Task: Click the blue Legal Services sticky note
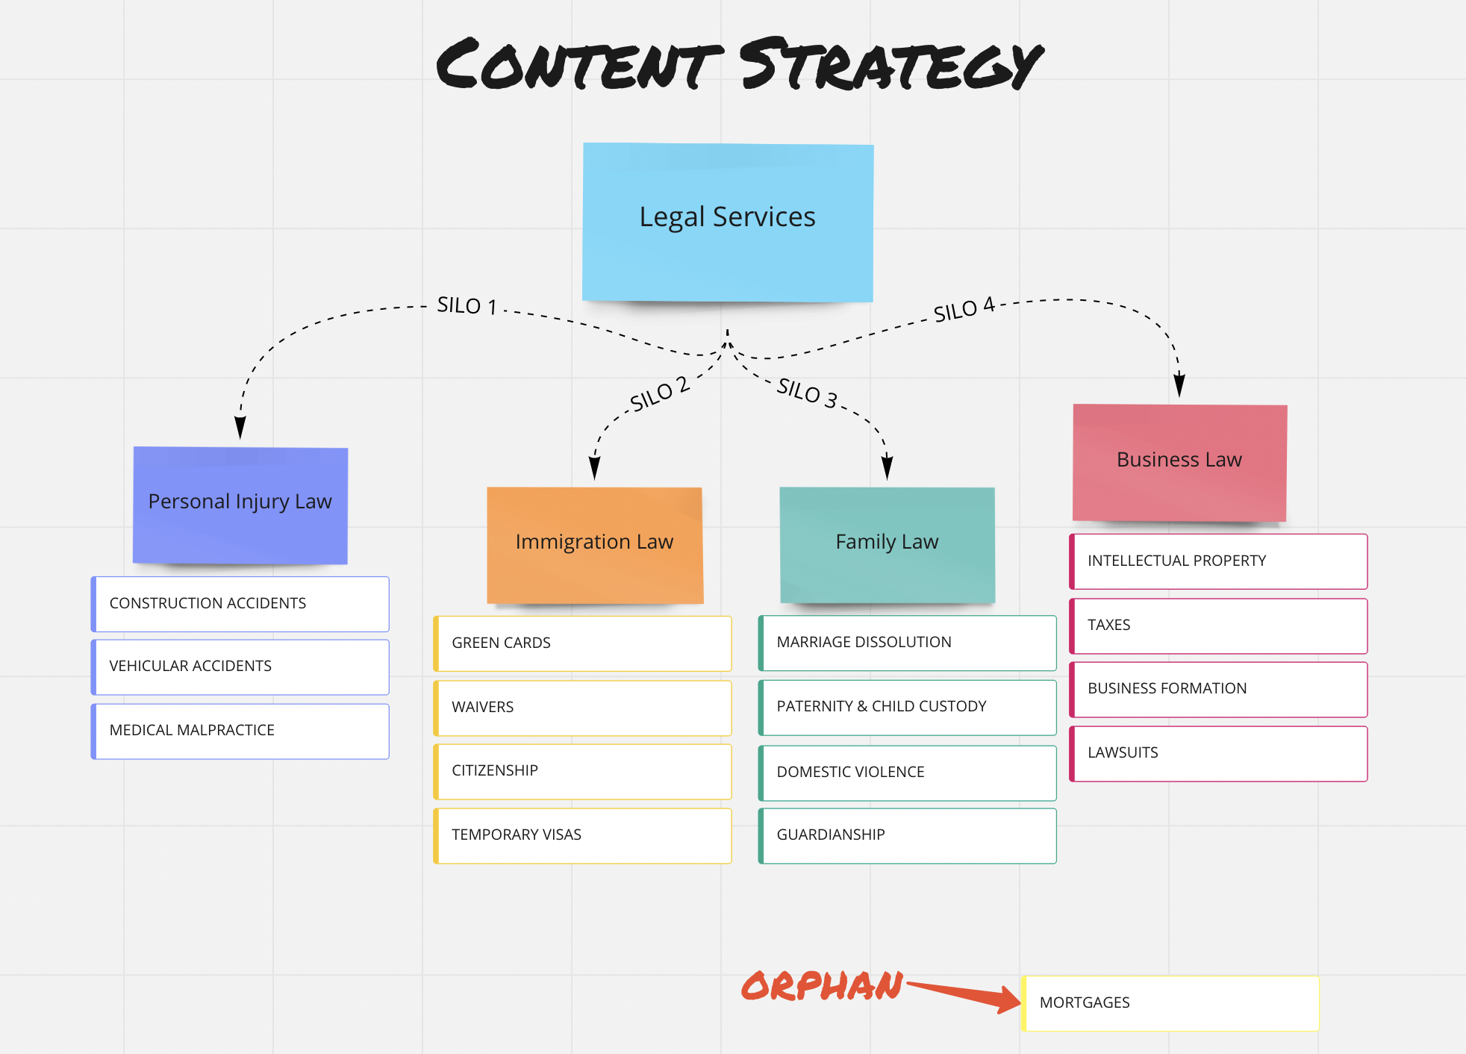click(728, 222)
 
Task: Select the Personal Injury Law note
click(240, 505)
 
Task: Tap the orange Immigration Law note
click(595, 544)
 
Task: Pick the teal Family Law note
click(887, 544)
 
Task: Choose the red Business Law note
click(1179, 462)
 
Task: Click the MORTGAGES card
click(1170, 1003)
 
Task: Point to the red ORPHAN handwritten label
click(822, 986)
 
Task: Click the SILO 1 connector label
click(467, 305)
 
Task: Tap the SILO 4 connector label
click(964, 308)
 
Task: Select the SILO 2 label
click(659, 394)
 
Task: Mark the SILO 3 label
click(807, 392)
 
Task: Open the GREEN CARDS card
click(582, 643)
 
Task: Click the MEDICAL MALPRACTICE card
click(240, 731)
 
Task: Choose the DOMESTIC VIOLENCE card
click(907, 773)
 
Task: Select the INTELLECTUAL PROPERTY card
click(1218, 561)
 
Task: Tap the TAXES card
click(1218, 626)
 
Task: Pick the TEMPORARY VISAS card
click(582, 835)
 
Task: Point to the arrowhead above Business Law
click(1179, 386)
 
